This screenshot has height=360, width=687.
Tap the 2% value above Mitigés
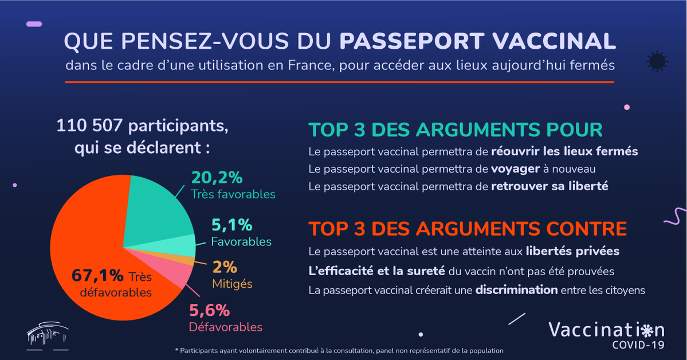(225, 267)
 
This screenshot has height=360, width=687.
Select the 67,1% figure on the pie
(97, 276)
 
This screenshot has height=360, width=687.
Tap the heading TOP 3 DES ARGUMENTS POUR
(456, 130)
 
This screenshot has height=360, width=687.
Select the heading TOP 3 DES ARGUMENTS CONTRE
(468, 229)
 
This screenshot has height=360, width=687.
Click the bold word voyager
(515, 169)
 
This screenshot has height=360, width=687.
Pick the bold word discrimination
(516, 290)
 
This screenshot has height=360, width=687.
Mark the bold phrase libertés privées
(572, 252)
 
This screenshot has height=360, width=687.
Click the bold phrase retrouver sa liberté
(549, 186)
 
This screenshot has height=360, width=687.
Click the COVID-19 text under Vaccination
(638, 345)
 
